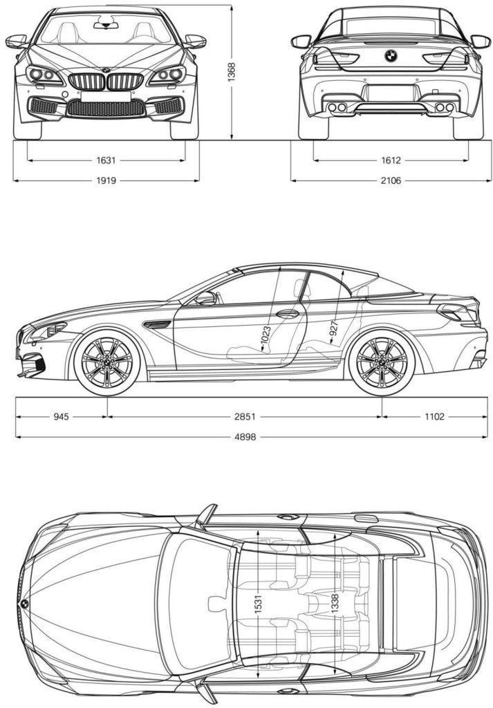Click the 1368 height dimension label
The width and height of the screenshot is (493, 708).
tap(231, 72)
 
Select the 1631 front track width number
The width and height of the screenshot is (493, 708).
tap(106, 160)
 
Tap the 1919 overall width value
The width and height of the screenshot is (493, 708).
tap(106, 180)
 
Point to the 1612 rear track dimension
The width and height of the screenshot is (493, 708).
tap(391, 160)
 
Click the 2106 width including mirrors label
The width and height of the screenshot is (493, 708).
tap(391, 180)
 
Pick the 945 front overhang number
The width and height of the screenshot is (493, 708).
tap(62, 417)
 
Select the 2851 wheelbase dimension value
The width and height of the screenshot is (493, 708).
tap(245, 417)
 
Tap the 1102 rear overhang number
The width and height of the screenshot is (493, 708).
tap(434, 417)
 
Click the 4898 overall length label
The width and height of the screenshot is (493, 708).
tap(245, 437)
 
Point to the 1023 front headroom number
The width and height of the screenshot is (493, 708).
tap(266, 339)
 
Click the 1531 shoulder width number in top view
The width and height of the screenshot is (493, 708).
tap(258, 604)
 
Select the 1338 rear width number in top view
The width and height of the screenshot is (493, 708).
tap(335, 604)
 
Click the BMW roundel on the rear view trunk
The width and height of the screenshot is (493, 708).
tap(391, 55)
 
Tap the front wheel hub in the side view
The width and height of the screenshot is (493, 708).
tap(107, 362)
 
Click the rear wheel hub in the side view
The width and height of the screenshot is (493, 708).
tap(382, 362)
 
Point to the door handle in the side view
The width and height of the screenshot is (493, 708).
tap(288, 313)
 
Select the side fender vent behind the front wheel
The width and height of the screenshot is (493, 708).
tap(157, 324)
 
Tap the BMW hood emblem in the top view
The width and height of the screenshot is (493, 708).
tap(24, 604)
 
